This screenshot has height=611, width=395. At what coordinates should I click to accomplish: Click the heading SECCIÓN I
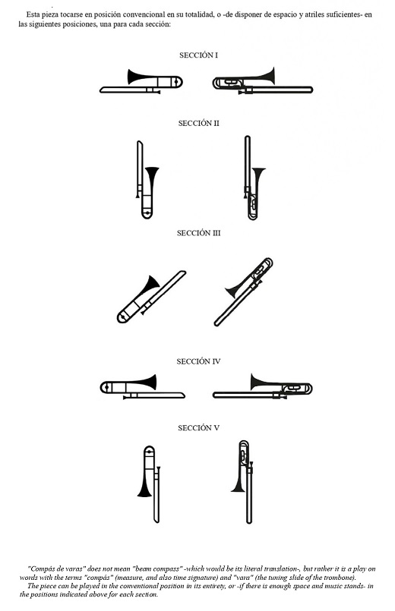point(198,55)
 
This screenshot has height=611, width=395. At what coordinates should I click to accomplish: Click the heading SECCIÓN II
point(198,123)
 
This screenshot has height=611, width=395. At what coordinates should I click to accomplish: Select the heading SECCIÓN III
point(198,233)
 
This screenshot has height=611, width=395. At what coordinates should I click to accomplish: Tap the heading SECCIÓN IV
point(198,361)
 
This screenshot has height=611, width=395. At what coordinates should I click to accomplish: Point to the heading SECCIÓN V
point(198,428)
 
